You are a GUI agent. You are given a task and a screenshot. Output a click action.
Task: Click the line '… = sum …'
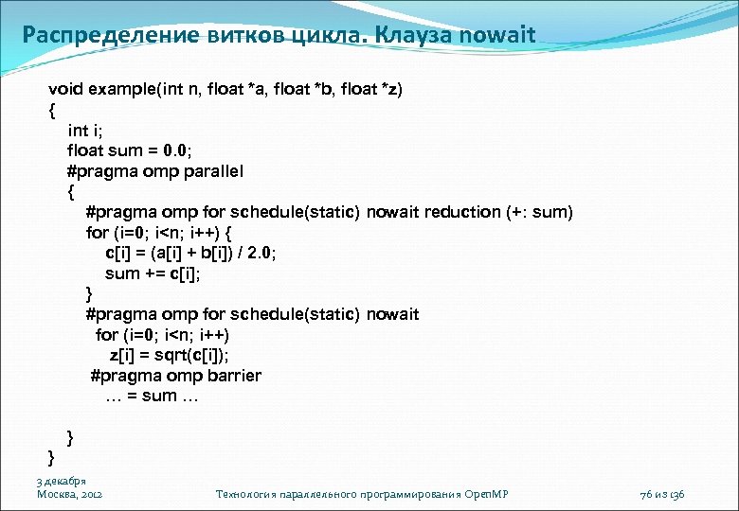coord(152,396)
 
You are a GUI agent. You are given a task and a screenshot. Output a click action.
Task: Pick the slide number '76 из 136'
coord(662,494)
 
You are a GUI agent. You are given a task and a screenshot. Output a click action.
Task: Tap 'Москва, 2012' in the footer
coord(69,494)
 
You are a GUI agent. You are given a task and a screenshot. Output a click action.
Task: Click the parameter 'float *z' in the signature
coord(371,88)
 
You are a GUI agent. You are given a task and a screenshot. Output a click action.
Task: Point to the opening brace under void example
coord(52,109)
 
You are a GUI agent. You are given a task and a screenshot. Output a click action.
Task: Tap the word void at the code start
coord(66,88)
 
